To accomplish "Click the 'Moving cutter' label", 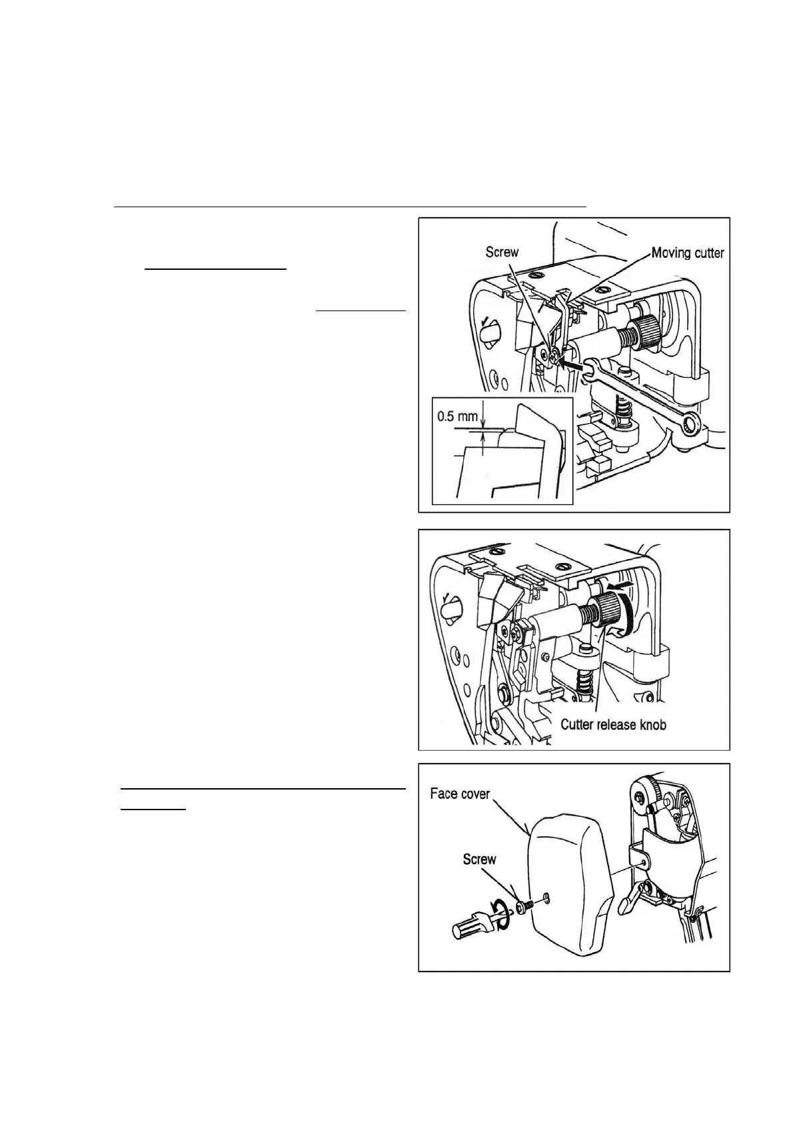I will click(687, 253).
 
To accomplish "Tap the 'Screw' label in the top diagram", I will click(502, 252).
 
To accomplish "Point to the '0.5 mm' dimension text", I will click(458, 416).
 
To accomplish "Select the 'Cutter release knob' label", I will click(613, 724).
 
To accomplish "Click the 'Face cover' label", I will click(460, 794).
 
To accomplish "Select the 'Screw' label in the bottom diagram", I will click(480, 859).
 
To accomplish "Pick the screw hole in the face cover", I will click(546, 895).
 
